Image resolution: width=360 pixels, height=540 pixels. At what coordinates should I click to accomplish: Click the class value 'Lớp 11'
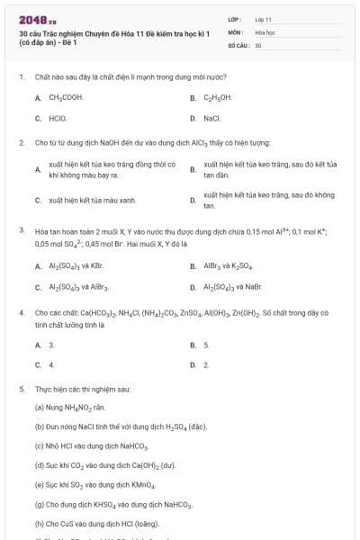pos(263,19)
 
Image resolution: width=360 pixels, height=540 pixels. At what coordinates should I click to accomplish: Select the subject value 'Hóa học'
pos(264,31)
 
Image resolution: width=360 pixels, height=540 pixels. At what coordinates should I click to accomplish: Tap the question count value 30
pos(258,44)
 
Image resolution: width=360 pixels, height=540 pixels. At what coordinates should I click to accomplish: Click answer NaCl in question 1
pos(211,118)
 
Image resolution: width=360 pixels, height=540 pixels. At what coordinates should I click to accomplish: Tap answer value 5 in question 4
pos(206,345)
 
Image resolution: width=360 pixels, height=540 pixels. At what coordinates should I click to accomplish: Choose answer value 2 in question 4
pos(206,365)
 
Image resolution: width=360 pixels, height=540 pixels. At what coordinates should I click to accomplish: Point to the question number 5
pos(22,390)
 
